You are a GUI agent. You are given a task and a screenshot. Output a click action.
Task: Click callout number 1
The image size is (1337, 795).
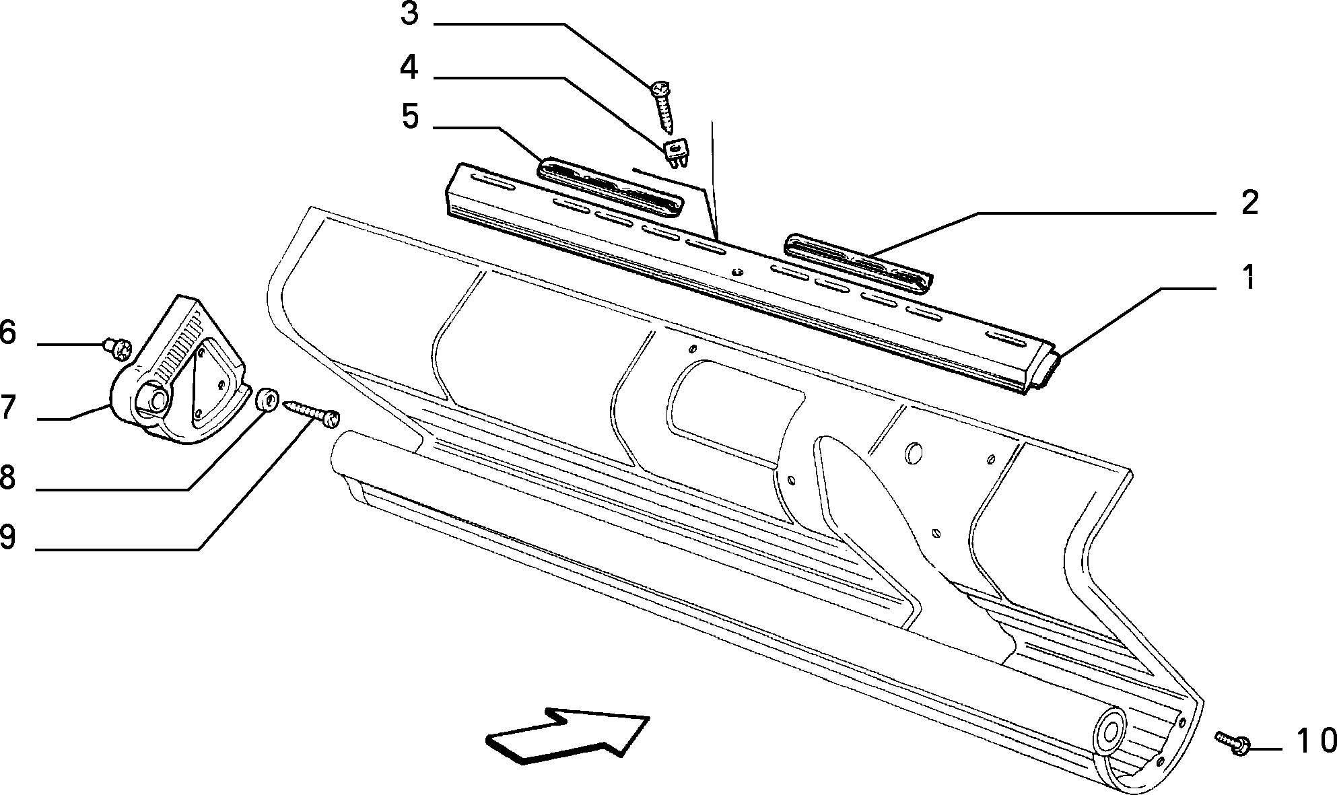click(1249, 278)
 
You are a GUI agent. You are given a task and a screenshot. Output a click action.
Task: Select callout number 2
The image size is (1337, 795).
click(1249, 202)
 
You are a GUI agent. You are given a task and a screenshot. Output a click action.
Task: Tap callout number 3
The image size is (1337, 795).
click(409, 13)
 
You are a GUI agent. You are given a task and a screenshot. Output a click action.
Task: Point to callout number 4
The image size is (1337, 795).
click(409, 68)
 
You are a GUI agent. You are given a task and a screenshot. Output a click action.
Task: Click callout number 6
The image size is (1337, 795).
click(7, 333)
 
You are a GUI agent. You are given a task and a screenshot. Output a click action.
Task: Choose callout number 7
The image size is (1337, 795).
click(7, 407)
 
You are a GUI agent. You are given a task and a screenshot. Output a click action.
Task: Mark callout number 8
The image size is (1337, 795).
click(7, 477)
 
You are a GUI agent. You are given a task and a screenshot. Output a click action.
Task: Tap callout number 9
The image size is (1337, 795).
click(7, 537)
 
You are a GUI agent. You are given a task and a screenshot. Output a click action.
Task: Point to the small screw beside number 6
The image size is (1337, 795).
click(116, 348)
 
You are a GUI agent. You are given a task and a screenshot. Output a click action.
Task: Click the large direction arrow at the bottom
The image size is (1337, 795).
click(567, 736)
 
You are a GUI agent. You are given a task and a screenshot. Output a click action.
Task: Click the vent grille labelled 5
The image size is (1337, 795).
click(610, 188)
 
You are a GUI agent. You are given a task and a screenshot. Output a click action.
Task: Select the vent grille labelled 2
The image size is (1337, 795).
click(858, 263)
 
